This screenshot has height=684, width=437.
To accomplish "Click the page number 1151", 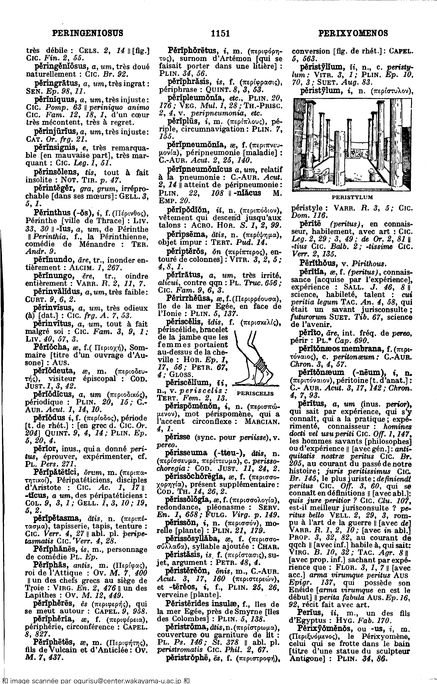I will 220,34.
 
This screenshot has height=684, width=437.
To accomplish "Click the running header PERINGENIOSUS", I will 88,34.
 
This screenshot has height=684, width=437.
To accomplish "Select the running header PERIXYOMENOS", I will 353,34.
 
